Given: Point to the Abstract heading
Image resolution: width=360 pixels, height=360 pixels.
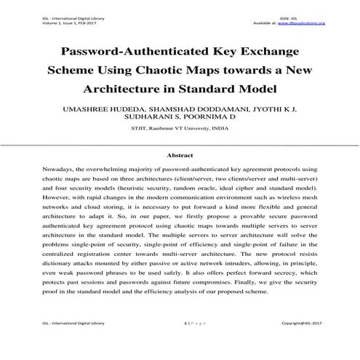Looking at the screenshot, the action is tap(180, 156).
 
